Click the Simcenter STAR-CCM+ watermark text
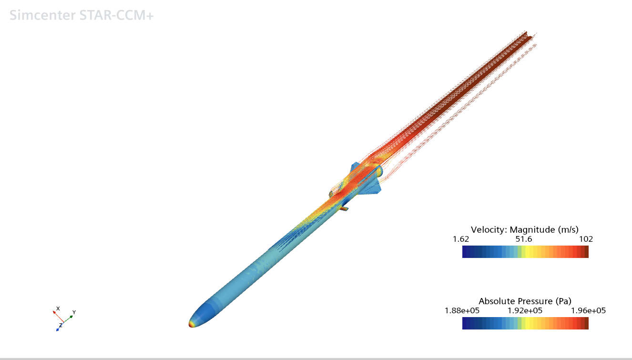[82, 15]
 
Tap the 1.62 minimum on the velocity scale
[462, 239]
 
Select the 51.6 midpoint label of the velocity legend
[525, 239]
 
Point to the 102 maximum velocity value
[586, 239]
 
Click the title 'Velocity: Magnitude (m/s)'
[525, 229]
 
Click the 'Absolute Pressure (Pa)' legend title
[525, 301]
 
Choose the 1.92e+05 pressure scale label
[525, 311]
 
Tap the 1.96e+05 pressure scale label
[588, 311]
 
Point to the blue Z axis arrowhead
[57, 330]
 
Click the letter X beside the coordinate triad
[58, 308]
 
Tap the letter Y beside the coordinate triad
[74, 312]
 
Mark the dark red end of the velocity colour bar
[586, 252]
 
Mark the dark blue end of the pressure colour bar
[465, 324]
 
